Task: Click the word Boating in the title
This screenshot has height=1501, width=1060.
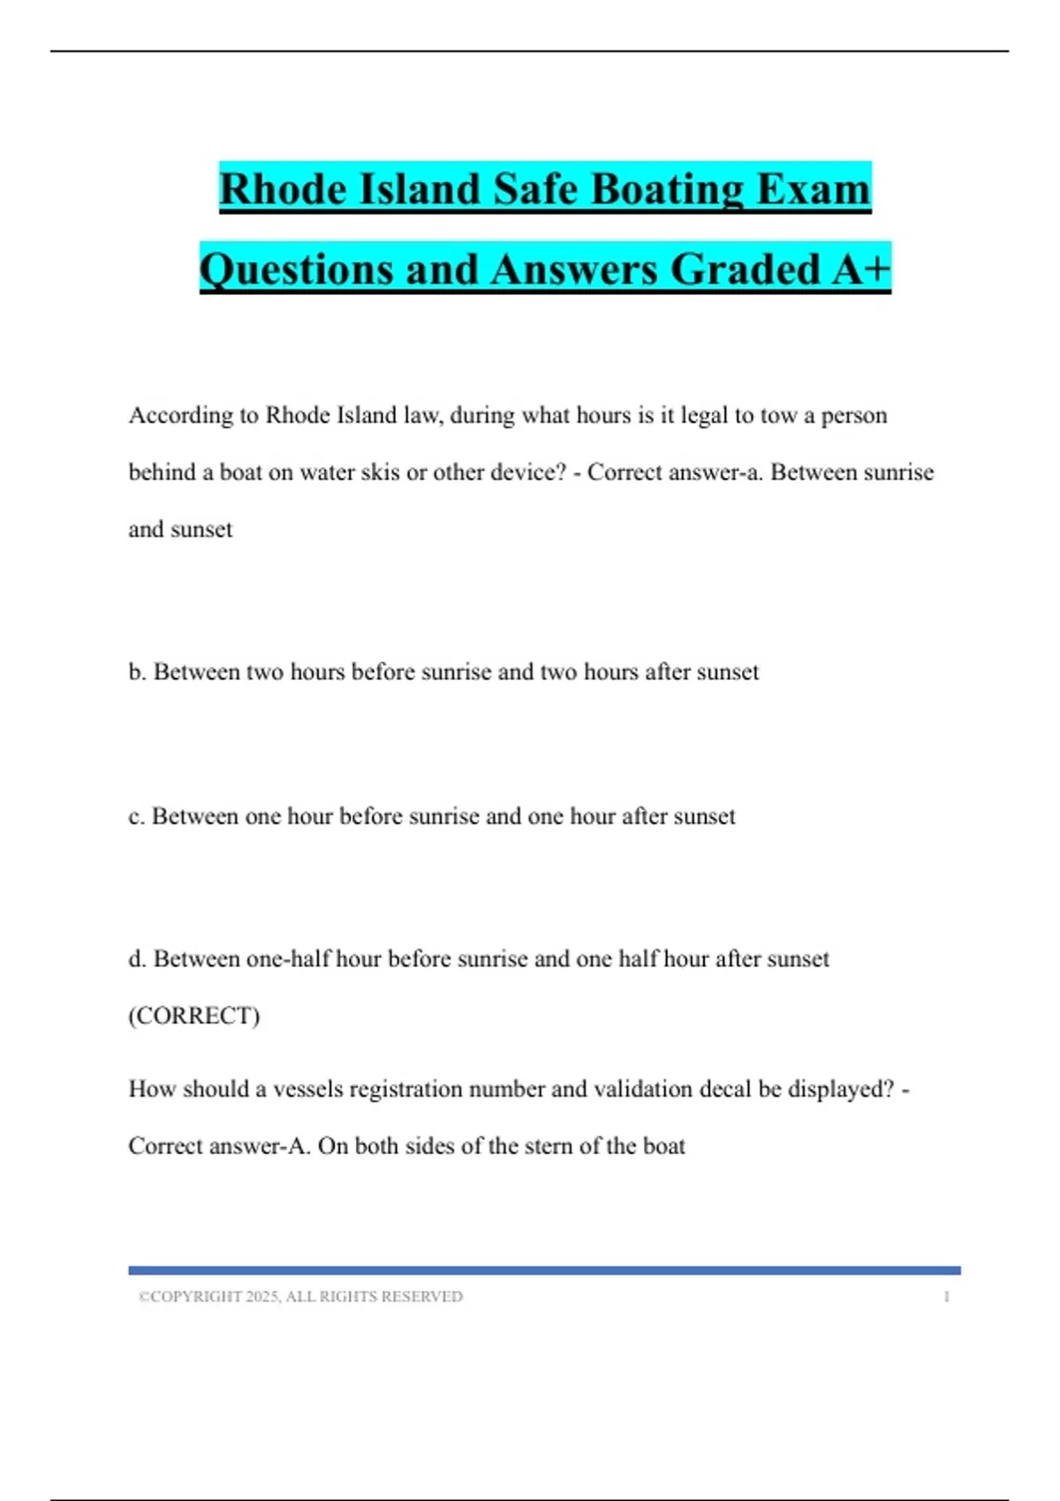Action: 655,189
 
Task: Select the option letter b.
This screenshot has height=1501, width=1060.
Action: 136,672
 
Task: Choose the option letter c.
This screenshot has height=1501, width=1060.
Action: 135,816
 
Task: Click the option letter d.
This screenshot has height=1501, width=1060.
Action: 136,959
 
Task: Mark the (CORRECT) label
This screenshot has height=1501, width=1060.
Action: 194,1015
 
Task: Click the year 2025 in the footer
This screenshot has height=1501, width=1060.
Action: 262,1297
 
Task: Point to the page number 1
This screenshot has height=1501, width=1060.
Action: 946,1297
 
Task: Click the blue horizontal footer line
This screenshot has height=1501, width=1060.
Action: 544,1271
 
